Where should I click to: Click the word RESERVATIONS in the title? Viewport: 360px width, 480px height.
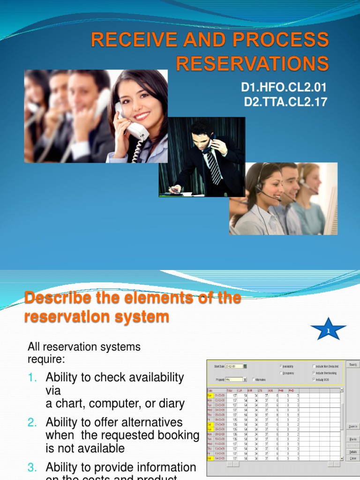(253, 63)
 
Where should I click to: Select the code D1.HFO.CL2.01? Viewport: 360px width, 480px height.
(284, 88)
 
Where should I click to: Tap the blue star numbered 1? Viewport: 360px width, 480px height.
(328, 330)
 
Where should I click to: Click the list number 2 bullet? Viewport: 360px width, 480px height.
(32, 422)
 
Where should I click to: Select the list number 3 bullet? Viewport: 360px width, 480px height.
(32, 467)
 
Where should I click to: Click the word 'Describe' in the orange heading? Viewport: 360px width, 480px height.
(56, 298)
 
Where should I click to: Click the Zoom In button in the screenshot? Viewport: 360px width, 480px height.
(352, 427)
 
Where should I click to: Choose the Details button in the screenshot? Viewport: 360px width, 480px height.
(352, 452)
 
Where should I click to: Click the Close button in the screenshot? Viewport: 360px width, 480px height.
(352, 458)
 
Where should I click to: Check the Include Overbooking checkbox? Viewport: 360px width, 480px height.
(314, 373)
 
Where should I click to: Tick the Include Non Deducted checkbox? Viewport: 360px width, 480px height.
(314, 366)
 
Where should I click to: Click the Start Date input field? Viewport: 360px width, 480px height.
(233, 366)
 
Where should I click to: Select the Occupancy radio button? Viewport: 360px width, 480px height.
(280, 373)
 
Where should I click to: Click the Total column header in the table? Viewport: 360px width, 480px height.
(230, 390)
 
